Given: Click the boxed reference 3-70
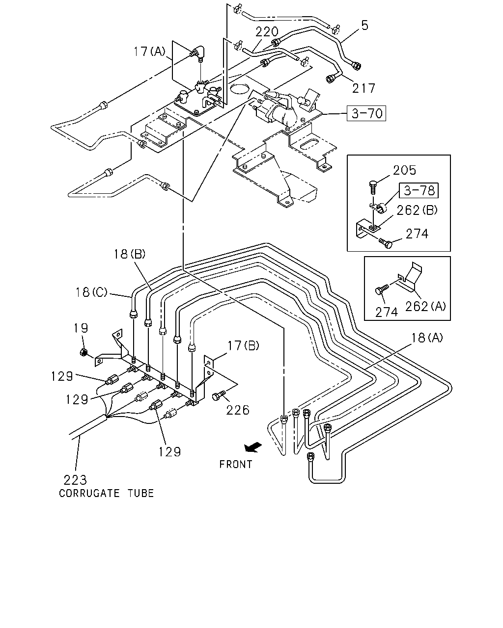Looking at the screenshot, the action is click(x=366, y=113).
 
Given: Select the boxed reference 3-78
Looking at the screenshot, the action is click(x=419, y=190).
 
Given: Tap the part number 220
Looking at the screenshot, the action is click(x=267, y=32).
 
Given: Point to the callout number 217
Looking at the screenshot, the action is click(x=363, y=88).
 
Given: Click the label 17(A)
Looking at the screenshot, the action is click(x=149, y=52).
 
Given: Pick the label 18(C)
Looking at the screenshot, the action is click(x=91, y=292).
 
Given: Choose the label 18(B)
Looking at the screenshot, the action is click(x=130, y=254).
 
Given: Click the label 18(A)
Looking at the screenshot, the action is click(x=427, y=338).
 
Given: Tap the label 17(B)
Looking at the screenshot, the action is click(x=243, y=346).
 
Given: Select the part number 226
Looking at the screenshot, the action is click(x=238, y=410).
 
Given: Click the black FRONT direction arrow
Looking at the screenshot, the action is click(x=253, y=447).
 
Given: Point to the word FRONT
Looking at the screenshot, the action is click(x=236, y=464).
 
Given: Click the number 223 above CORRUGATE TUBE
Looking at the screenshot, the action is click(x=75, y=480).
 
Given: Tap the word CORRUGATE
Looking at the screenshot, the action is click(x=89, y=494).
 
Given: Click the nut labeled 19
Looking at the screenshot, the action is click(x=84, y=352).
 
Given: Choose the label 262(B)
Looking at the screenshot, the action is click(x=417, y=210).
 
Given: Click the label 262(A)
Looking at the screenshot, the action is click(x=425, y=306).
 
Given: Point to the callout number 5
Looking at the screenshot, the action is click(x=365, y=26).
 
